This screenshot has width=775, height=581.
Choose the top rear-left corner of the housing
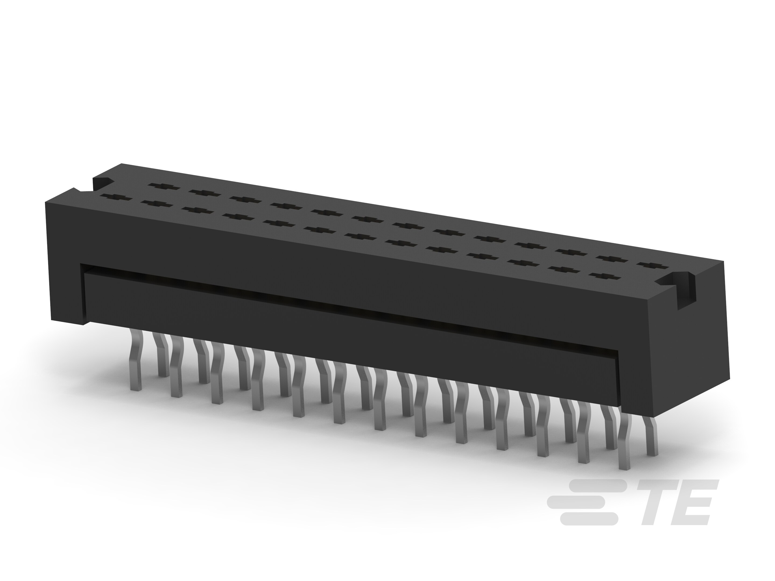tap(121, 164)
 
